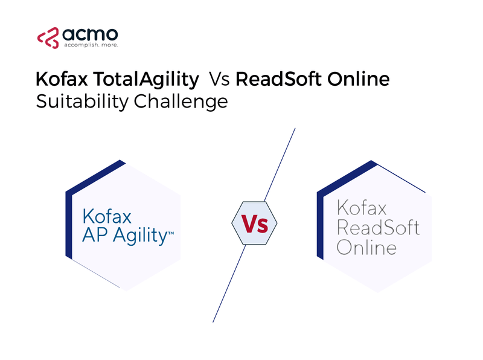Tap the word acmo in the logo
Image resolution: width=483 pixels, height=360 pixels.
click(x=89, y=34)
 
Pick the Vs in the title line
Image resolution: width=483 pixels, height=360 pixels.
click(x=219, y=79)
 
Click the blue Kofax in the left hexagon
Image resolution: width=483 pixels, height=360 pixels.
click(x=106, y=216)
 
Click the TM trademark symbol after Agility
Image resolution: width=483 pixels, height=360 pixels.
click(x=170, y=230)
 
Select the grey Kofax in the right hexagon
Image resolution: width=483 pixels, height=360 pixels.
click(x=361, y=209)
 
